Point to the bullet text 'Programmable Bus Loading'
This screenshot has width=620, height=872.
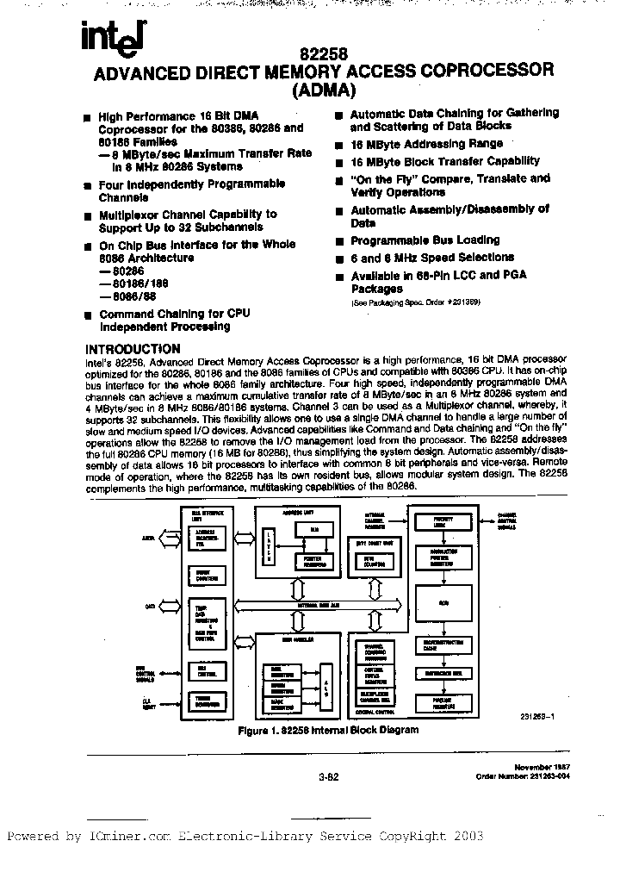425,240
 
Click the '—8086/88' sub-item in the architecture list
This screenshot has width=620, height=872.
122,296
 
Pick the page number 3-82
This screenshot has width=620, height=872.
330,775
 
